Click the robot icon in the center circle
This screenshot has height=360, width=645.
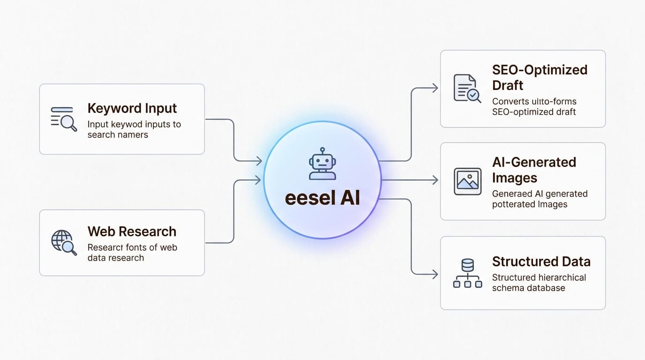322,164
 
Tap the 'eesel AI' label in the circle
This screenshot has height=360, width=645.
322,198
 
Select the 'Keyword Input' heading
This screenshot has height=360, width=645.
132,108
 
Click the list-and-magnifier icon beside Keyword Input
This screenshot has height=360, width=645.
63,119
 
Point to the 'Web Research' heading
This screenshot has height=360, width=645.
132,232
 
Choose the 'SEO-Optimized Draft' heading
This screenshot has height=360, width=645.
539,77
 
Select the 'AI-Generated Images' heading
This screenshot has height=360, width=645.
534,170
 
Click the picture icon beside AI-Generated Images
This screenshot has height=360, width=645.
467,181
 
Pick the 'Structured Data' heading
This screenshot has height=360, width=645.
541,262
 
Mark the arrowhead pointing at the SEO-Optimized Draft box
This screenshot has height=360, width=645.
435,88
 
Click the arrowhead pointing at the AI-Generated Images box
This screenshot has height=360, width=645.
435,180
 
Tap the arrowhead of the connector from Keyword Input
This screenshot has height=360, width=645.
258,161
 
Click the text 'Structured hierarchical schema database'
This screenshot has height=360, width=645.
539,283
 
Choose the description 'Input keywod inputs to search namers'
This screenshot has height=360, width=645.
134,129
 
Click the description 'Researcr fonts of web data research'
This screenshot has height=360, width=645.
132,253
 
